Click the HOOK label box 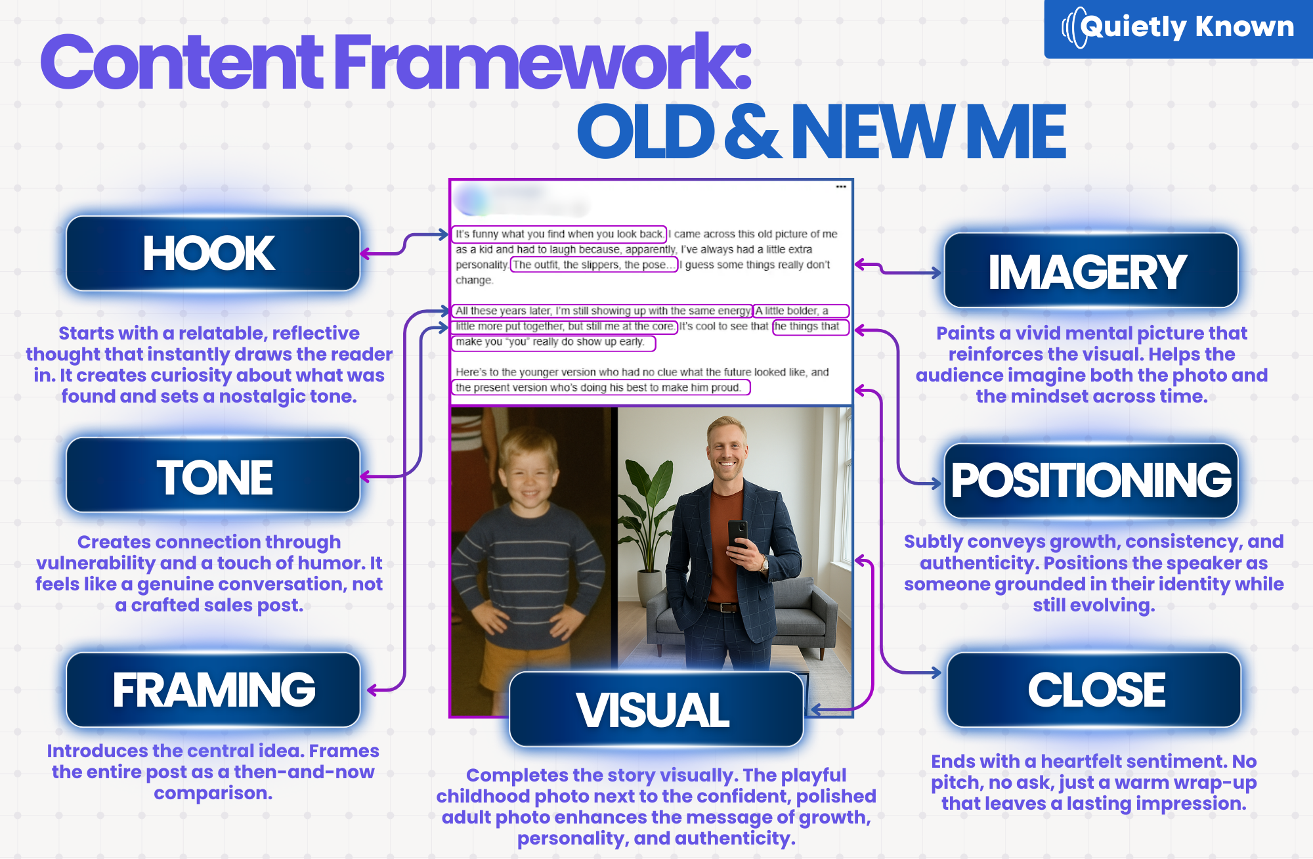click(x=213, y=253)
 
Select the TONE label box click(x=213, y=475)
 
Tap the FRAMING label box click(x=213, y=690)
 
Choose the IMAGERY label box click(x=1091, y=271)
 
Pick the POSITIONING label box click(x=1091, y=481)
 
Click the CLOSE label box click(x=1094, y=690)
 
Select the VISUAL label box click(x=656, y=709)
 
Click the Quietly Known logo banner click(x=1178, y=28)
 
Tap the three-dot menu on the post click(x=841, y=187)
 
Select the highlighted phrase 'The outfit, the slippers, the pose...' click(x=593, y=265)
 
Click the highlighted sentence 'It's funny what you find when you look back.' click(x=559, y=234)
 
